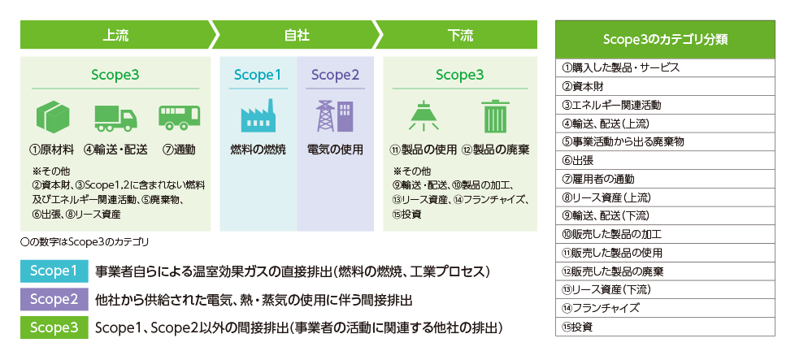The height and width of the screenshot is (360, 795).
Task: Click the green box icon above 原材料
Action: tap(53, 117)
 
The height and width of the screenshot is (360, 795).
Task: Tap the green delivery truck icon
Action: tap(115, 118)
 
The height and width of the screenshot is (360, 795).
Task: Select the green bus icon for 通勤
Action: tap(179, 118)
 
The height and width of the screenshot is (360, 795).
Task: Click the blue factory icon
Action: tap(258, 116)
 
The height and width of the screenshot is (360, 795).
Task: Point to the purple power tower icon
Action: tap(335, 116)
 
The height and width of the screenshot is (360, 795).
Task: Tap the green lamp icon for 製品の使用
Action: tap(424, 116)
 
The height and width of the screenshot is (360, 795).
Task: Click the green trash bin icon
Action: tap(495, 116)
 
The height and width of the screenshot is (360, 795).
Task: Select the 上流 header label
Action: tap(115, 35)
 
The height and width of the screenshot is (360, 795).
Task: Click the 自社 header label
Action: tap(298, 35)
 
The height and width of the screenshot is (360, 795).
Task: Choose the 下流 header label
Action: tap(460, 35)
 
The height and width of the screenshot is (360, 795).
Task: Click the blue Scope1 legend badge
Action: tap(54, 271)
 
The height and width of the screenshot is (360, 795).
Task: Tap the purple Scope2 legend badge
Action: tap(54, 299)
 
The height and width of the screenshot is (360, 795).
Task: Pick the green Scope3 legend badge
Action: tap(54, 327)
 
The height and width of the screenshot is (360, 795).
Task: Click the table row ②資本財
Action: tap(665, 86)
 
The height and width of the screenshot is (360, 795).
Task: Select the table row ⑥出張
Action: tap(665, 160)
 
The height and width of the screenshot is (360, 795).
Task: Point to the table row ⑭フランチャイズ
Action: tap(665, 308)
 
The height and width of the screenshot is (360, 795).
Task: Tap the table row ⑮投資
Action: tap(665, 327)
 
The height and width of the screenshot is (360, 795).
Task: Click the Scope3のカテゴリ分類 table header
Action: tap(665, 40)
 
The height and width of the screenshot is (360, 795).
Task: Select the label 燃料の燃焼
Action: tap(258, 150)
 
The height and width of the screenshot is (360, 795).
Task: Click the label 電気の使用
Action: tap(335, 150)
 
